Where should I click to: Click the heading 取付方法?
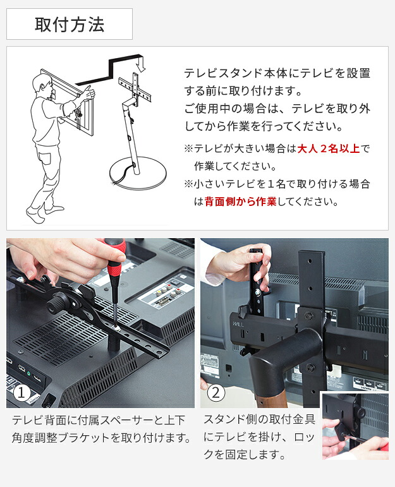pyautogui.click(x=70, y=25)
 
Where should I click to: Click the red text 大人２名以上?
pyautogui.click(x=329, y=149)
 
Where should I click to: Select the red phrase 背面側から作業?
pyautogui.click(x=241, y=201)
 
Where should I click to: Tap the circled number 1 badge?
pyautogui.click(x=21, y=393)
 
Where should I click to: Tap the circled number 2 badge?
pyautogui.click(x=216, y=393)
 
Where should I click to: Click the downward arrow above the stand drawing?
pyautogui.click(x=141, y=64)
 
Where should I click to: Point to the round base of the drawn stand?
pyautogui.click(x=138, y=172)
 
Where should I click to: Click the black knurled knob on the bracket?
pyautogui.click(x=56, y=304)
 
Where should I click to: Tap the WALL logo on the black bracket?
pyautogui.click(x=238, y=324)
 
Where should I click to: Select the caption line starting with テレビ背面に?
pyautogui.click(x=98, y=420)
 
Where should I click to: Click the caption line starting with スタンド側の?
pyautogui.click(x=260, y=419)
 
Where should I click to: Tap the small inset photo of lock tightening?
pyautogui.click(x=355, y=426)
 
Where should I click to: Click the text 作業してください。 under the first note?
pyautogui.click(x=235, y=166)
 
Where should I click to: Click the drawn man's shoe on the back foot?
pyautogui.click(x=34, y=215)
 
